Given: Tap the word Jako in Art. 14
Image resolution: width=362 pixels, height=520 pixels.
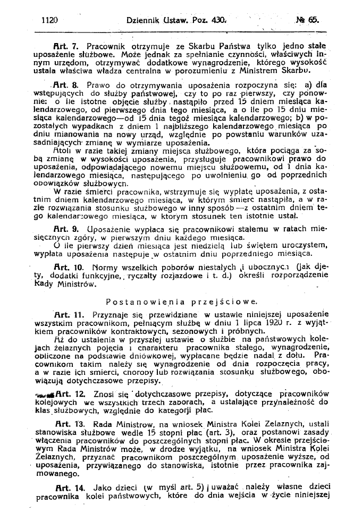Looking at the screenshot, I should point(102,487).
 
